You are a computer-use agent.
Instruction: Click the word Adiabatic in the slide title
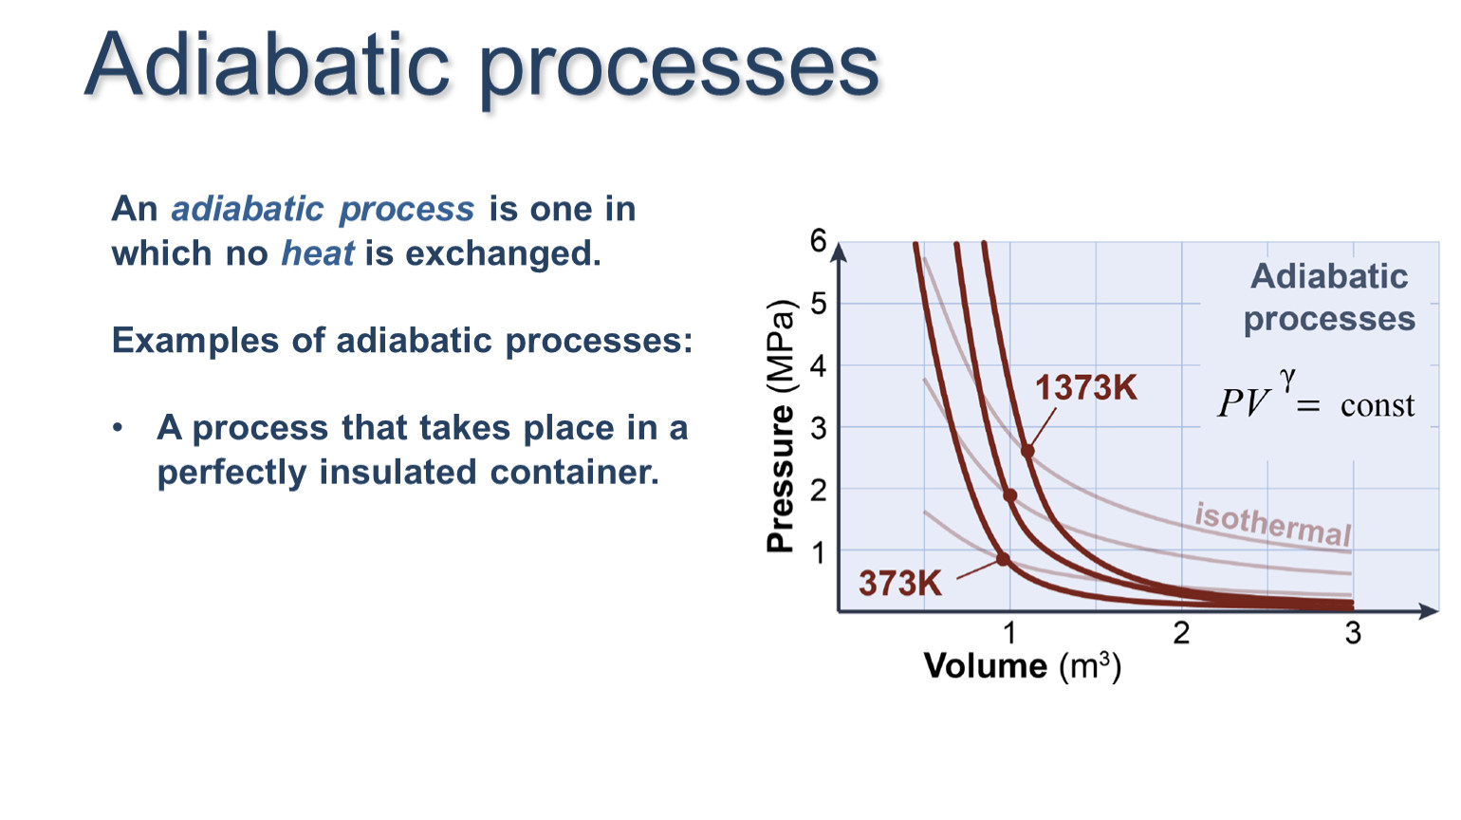pyautogui.click(x=268, y=65)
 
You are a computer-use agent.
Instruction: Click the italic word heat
pyautogui.click(x=318, y=253)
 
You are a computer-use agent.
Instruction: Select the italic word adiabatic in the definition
pyautogui.click(x=248, y=209)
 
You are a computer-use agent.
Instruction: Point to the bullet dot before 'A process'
pyautogui.click(x=118, y=428)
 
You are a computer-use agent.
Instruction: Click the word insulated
pyautogui.click(x=398, y=472)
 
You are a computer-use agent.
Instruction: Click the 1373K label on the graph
pyautogui.click(x=1086, y=387)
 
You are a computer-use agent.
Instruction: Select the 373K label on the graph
pyautogui.click(x=900, y=583)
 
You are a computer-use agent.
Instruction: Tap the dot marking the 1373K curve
pyautogui.click(x=1027, y=451)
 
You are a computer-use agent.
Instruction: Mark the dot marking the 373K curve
pyautogui.click(x=1003, y=559)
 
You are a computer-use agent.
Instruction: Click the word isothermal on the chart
pyautogui.click(x=1272, y=525)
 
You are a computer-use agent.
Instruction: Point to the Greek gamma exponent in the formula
pyautogui.click(x=1286, y=380)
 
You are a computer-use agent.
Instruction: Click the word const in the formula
pyautogui.click(x=1378, y=406)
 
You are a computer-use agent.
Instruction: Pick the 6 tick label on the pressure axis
pyautogui.click(x=818, y=241)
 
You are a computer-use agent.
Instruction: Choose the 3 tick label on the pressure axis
pyautogui.click(x=818, y=429)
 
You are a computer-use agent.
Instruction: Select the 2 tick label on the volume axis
pyautogui.click(x=1181, y=633)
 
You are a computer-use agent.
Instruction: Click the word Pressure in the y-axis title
pyautogui.click(x=780, y=479)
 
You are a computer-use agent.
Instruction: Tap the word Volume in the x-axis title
pyautogui.click(x=986, y=666)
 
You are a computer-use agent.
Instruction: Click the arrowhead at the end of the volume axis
pyautogui.click(x=1429, y=610)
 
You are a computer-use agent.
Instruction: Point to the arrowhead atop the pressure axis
pyautogui.click(x=841, y=252)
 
